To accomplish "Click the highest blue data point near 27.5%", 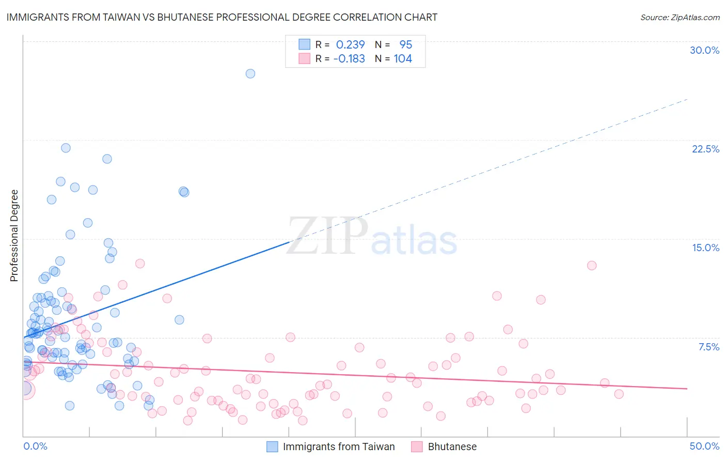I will coord(250,74).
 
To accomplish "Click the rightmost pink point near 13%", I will coord(592,266).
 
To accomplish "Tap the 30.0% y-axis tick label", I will coord(704,51).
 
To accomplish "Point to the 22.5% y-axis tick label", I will coord(705,149).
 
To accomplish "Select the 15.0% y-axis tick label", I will coord(705,248).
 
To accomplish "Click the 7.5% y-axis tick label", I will coord(708,347).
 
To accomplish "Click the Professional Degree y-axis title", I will coord(14,236).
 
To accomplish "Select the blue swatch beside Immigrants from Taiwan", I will coord(272,447).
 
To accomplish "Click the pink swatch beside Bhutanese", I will coord(417,447).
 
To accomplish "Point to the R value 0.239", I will coord(350,45).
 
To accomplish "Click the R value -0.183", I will coord(349,59).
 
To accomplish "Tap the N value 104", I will coord(403,59).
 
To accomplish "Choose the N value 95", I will coord(406,45).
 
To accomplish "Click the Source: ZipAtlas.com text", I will coord(680,18).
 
